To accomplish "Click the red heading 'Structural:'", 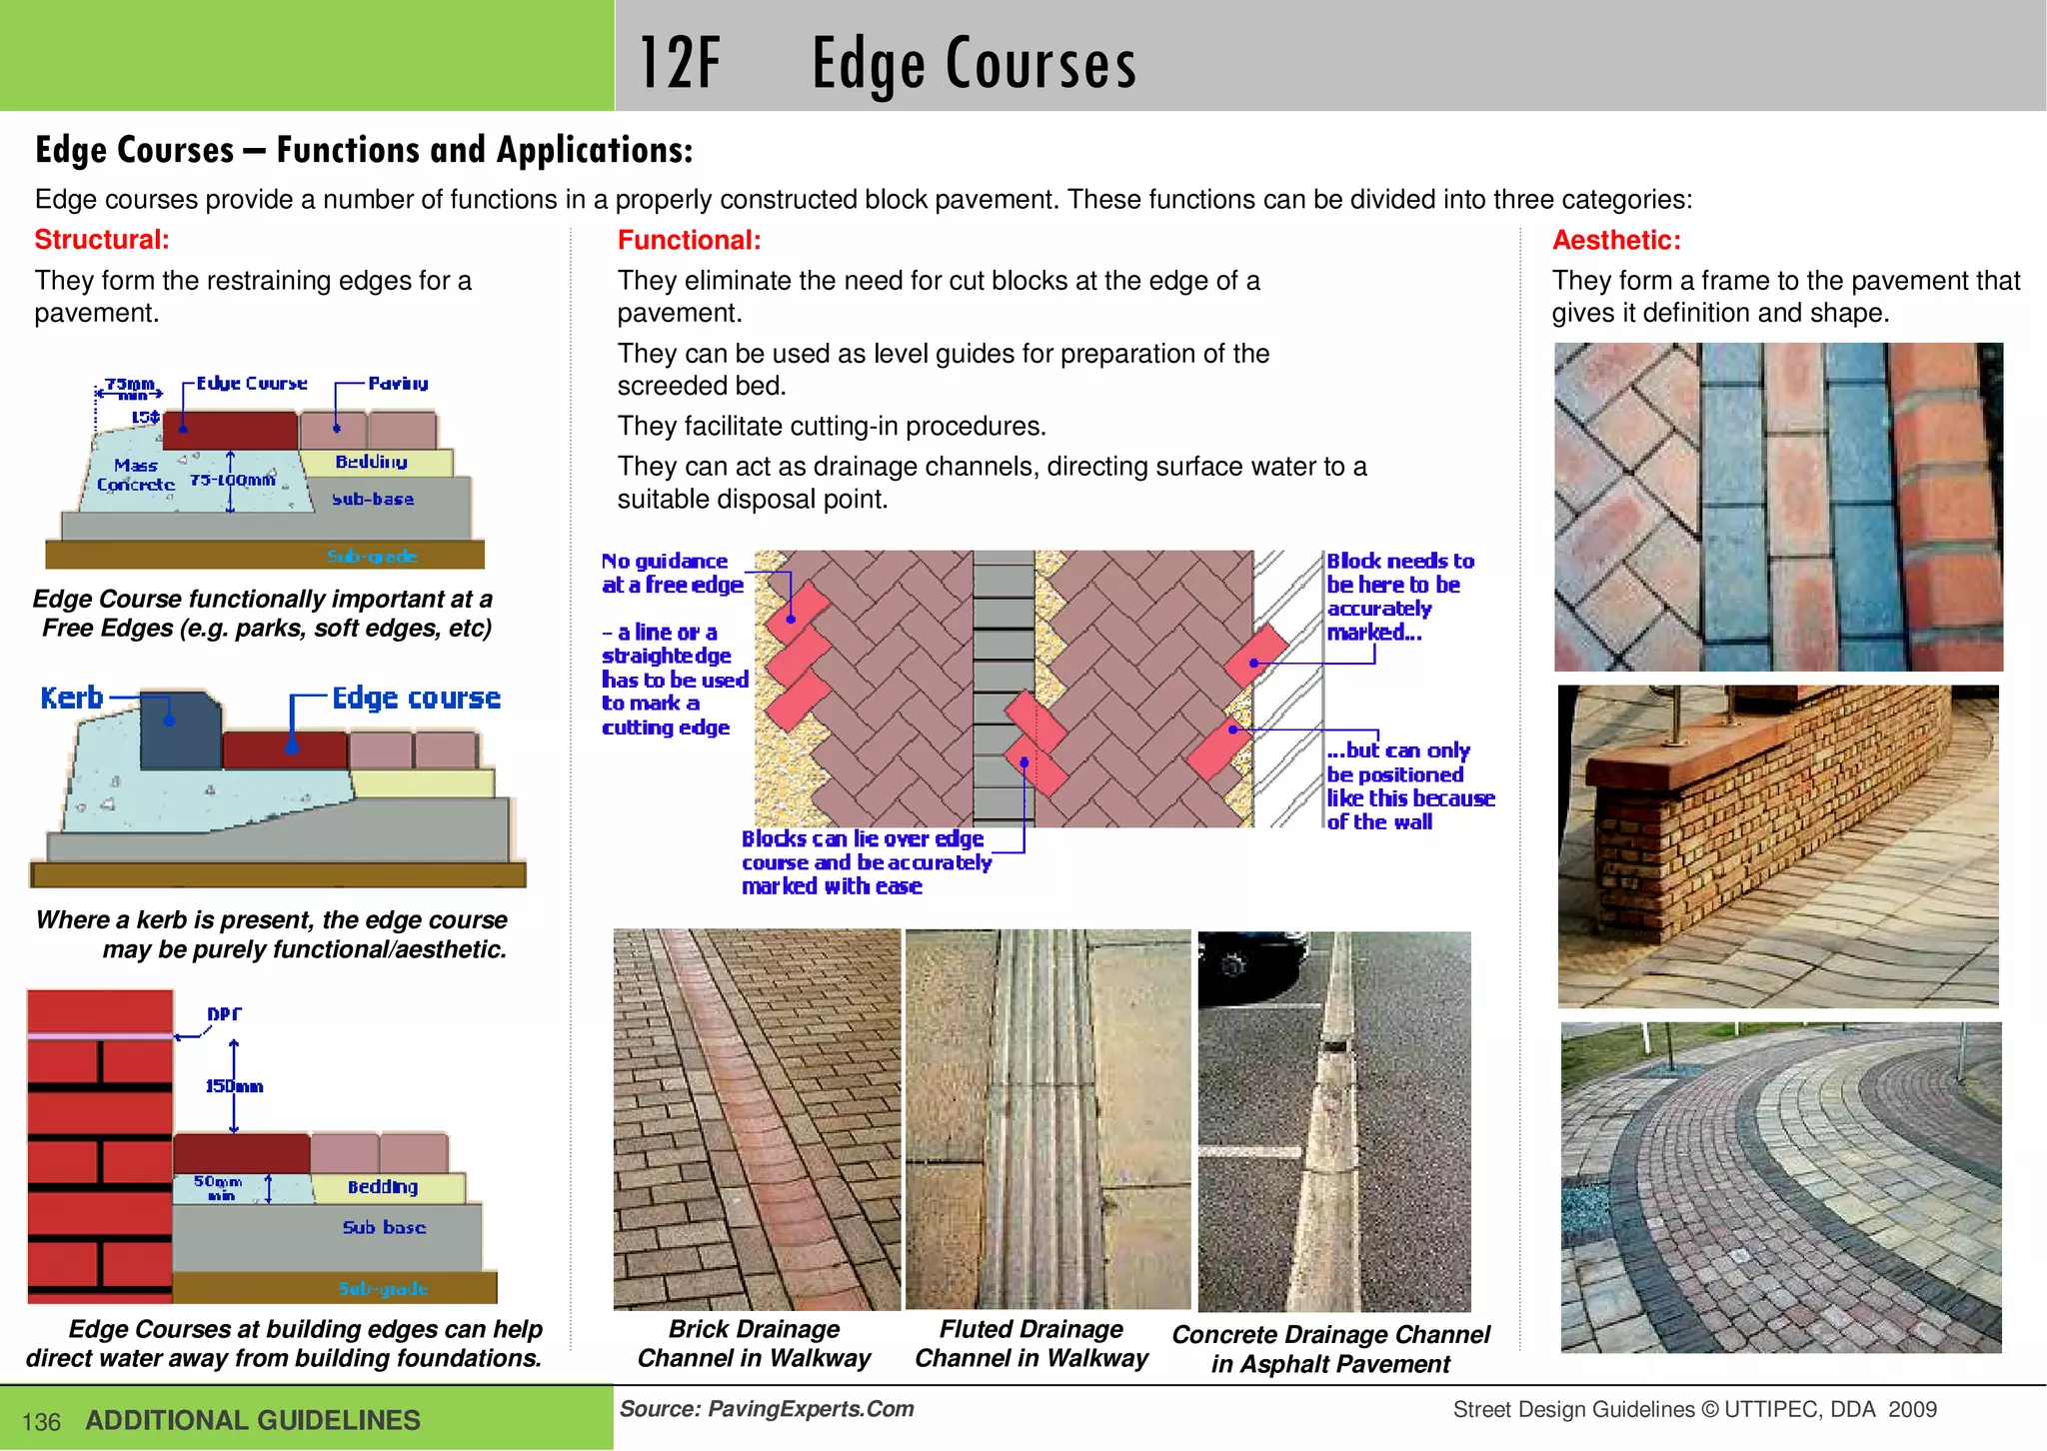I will (x=102, y=240).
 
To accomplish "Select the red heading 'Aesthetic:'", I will (x=1616, y=240).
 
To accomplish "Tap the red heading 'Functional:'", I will (x=689, y=240).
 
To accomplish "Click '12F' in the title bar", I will (x=679, y=63).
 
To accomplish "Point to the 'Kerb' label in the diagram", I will (x=72, y=698).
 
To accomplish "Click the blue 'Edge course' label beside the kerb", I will (x=416, y=698).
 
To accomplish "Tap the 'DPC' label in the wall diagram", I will (x=224, y=1013).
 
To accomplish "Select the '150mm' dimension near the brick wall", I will (x=234, y=1086).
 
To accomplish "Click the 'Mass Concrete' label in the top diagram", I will (x=136, y=475).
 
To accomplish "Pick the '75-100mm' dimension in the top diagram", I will (x=233, y=480).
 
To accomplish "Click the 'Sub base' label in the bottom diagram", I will (x=384, y=1227).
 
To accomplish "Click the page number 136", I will (x=41, y=1422).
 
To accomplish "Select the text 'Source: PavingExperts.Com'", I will (x=767, y=1409).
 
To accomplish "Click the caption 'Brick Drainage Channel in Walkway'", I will (x=754, y=1343).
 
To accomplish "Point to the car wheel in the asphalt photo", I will (x=1233, y=965).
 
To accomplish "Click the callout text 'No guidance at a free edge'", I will (x=673, y=573).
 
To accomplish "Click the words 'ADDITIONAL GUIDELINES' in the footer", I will (x=253, y=1420).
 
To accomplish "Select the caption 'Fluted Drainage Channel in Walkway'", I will (x=1031, y=1343).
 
